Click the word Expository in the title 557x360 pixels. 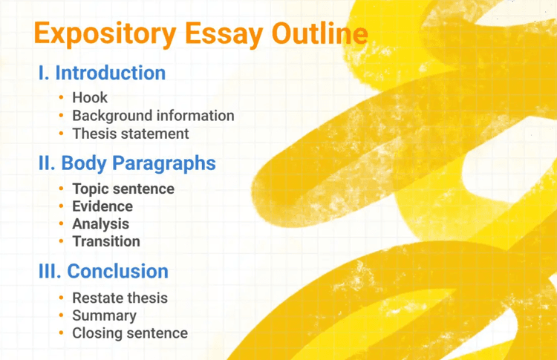(x=97, y=34)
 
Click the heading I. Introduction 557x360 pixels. (x=102, y=73)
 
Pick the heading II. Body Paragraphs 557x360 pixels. (x=127, y=163)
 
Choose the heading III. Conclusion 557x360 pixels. (x=103, y=271)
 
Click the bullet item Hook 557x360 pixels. (x=90, y=97)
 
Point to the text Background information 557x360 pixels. (x=153, y=116)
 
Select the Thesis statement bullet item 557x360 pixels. (x=131, y=134)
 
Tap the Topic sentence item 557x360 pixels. (x=123, y=189)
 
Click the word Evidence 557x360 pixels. (x=102, y=206)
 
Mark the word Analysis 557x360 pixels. (x=100, y=223)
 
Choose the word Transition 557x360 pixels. (x=106, y=241)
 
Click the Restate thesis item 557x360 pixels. (x=120, y=298)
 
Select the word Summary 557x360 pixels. (x=104, y=315)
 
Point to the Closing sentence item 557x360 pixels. (x=130, y=333)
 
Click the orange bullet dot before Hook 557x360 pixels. (x=61, y=98)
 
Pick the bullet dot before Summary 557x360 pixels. (x=61, y=316)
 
